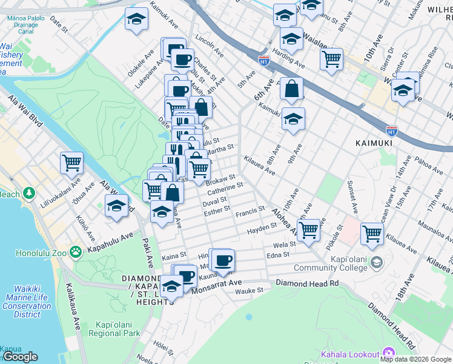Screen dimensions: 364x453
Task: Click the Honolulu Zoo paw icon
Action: (x=76, y=251)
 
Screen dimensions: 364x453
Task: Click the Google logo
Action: (x=20, y=357)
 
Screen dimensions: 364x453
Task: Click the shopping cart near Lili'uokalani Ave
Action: (x=71, y=162)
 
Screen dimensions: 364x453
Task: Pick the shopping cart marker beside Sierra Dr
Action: (x=331, y=59)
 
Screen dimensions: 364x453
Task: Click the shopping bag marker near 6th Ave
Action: (x=291, y=88)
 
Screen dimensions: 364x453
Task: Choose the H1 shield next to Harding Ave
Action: (x=263, y=61)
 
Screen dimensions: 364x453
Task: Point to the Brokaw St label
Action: (x=220, y=180)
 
